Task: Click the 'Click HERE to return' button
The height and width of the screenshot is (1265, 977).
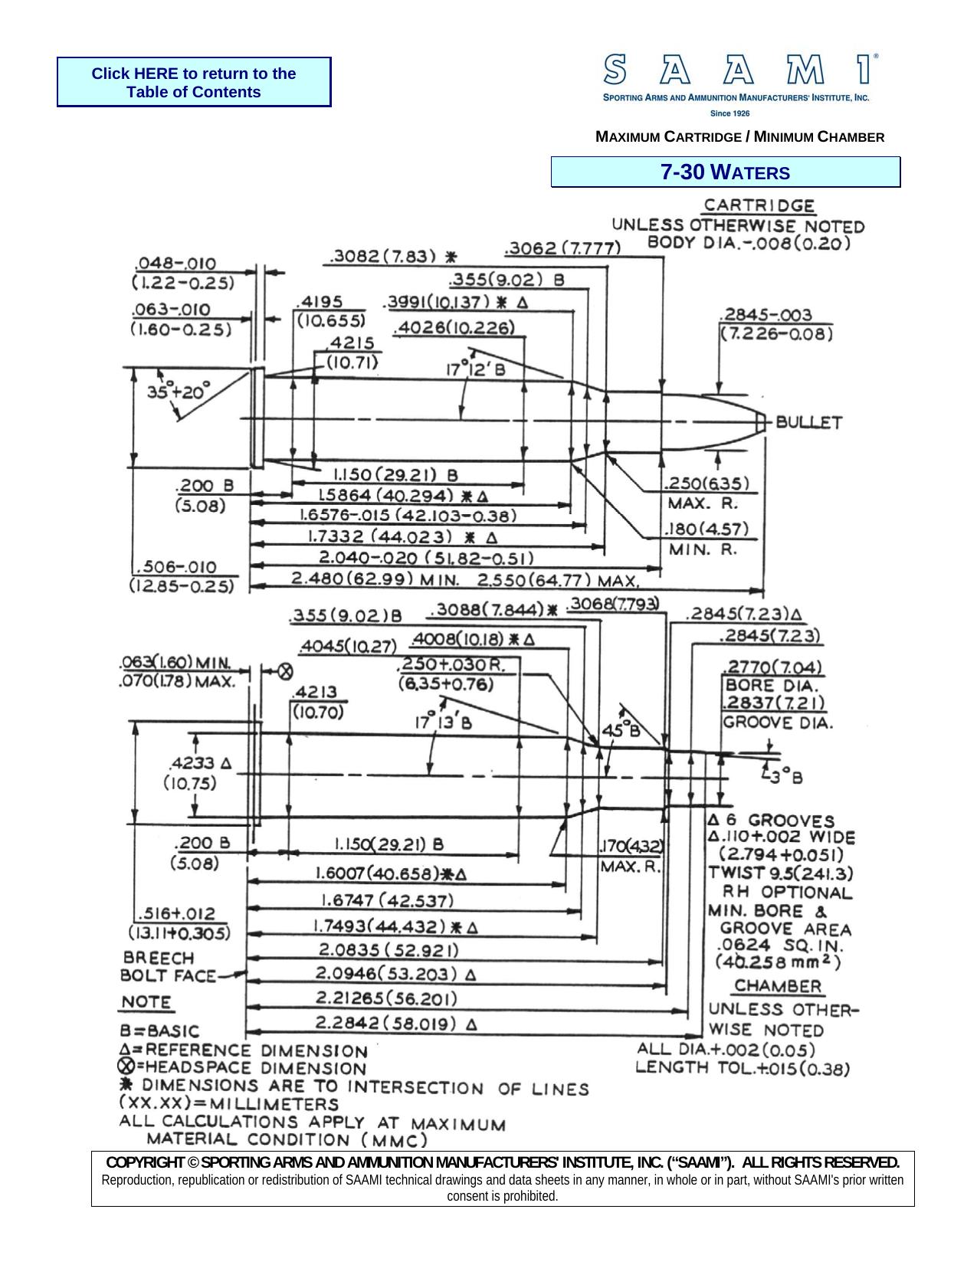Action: [x=194, y=82]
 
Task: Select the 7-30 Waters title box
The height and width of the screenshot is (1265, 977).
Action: [x=725, y=172]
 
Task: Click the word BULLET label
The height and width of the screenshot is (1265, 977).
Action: [x=809, y=422]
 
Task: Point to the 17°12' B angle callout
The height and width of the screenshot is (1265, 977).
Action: [x=476, y=369]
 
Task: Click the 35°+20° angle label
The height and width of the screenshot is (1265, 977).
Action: [x=179, y=392]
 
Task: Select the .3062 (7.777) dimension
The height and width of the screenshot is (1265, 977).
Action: [x=562, y=248]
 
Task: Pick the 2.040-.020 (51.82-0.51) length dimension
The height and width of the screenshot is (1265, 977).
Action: [x=426, y=557]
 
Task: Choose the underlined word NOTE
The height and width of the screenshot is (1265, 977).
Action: [x=146, y=1002]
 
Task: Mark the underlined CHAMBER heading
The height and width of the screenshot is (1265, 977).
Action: [x=778, y=986]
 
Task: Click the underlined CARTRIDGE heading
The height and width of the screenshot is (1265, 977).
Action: [x=759, y=205]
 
